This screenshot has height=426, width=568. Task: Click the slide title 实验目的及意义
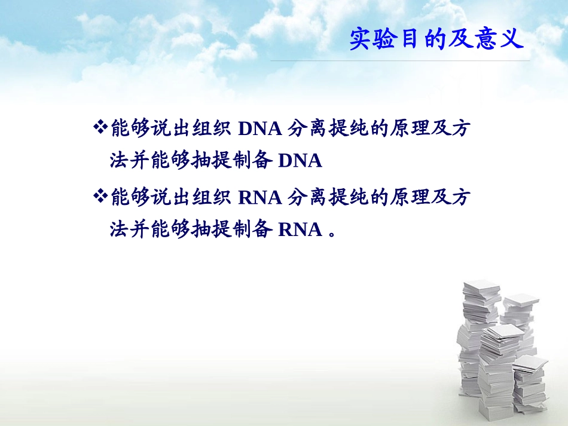click(x=437, y=39)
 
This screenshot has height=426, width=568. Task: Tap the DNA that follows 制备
click(x=300, y=161)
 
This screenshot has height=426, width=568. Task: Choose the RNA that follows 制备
click(x=300, y=230)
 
